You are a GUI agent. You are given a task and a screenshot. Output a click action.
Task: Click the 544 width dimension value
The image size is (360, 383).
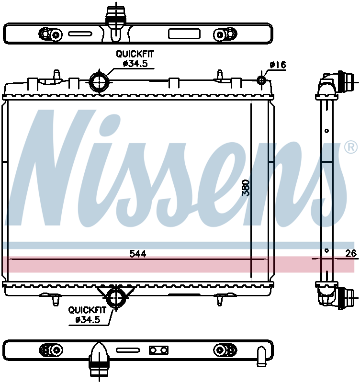pos(138,254)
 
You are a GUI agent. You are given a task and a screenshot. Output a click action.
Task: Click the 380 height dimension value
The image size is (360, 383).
pos(246,188)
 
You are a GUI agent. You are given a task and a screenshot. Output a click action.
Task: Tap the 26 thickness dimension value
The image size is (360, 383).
pos(351,254)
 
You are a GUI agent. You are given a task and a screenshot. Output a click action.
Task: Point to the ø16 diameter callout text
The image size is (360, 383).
pos(278,65)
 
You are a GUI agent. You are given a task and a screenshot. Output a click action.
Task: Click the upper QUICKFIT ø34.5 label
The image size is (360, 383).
pos(135,58)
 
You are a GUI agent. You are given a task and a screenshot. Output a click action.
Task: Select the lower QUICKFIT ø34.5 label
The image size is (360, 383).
pos(88,315)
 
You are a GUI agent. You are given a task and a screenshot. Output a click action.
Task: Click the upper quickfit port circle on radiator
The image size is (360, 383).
pos(99,82)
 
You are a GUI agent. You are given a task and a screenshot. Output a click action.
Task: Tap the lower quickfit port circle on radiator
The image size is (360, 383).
pos(116,297)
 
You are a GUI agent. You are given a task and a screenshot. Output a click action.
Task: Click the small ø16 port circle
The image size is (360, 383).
pos(261,80)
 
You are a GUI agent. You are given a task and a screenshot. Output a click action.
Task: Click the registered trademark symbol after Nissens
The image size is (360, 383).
pos(350,147)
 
